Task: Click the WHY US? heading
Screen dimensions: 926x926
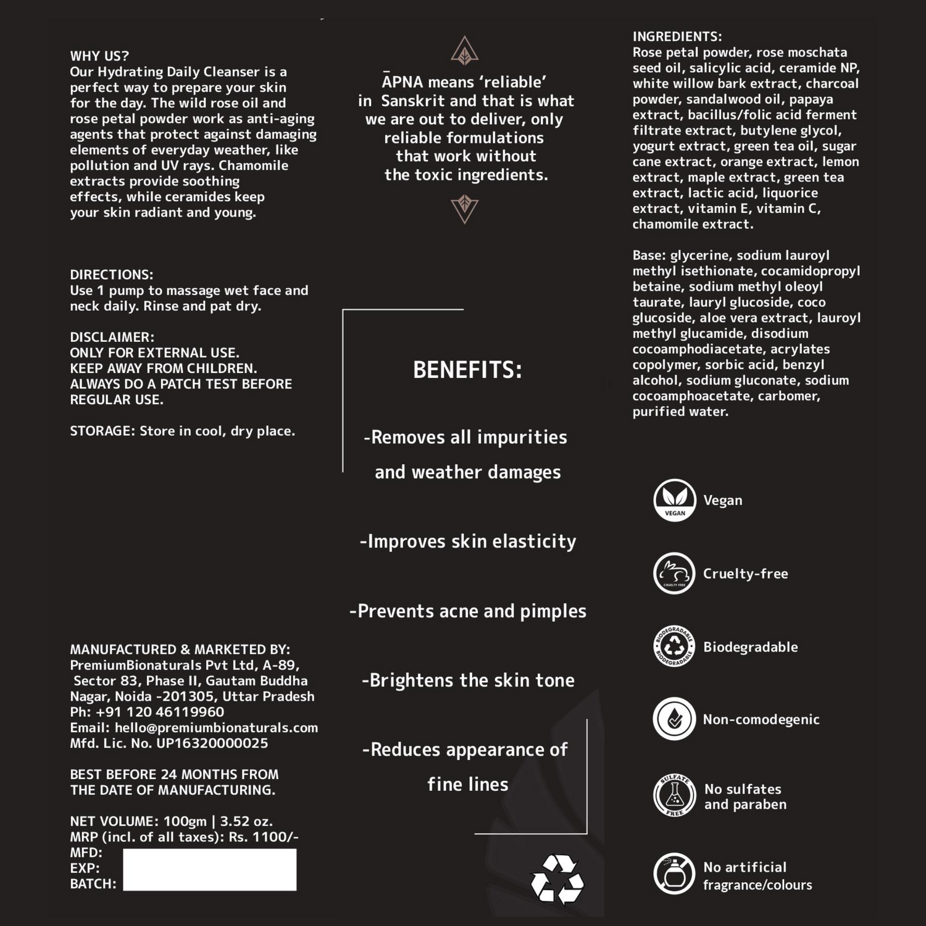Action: pyautogui.click(x=99, y=56)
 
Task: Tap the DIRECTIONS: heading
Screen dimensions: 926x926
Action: pyautogui.click(x=111, y=275)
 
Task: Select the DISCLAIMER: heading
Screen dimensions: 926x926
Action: pyautogui.click(x=112, y=337)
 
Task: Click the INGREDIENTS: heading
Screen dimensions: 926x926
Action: pyautogui.click(x=677, y=36)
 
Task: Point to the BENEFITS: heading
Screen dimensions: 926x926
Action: pyautogui.click(x=467, y=370)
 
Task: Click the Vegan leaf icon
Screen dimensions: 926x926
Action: pyautogui.click(x=675, y=500)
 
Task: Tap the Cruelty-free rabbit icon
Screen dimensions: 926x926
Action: pyautogui.click(x=674, y=574)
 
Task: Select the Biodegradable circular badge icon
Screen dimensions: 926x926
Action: pyautogui.click(x=674, y=646)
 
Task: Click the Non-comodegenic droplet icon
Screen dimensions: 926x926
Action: pyautogui.click(x=674, y=719)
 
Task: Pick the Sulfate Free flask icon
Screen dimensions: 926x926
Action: pyautogui.click(x=674, y=796)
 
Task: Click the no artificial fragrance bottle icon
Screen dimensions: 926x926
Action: pyautogui.click(x=674, y=874)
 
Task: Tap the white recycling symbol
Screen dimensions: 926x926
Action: pyautogui.click(x=557, y=880)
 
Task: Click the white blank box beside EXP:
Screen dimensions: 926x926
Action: pyautogui.click(x=209, y=869)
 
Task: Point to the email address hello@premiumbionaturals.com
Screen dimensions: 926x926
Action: pyautogui.click(x=216, y=728)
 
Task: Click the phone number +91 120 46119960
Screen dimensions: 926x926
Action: pyautogui.click(x=160, y=712)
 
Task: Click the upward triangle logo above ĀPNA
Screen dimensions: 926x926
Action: pyautogui.click(x=465, y=51)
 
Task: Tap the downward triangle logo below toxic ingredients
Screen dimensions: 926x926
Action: pyautogui.click(x=465, y=208)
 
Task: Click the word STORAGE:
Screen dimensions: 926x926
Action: pyautogui.click(x=102, y=431)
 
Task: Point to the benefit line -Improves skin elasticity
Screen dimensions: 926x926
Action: pyautogui.click(x=467, y=541)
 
